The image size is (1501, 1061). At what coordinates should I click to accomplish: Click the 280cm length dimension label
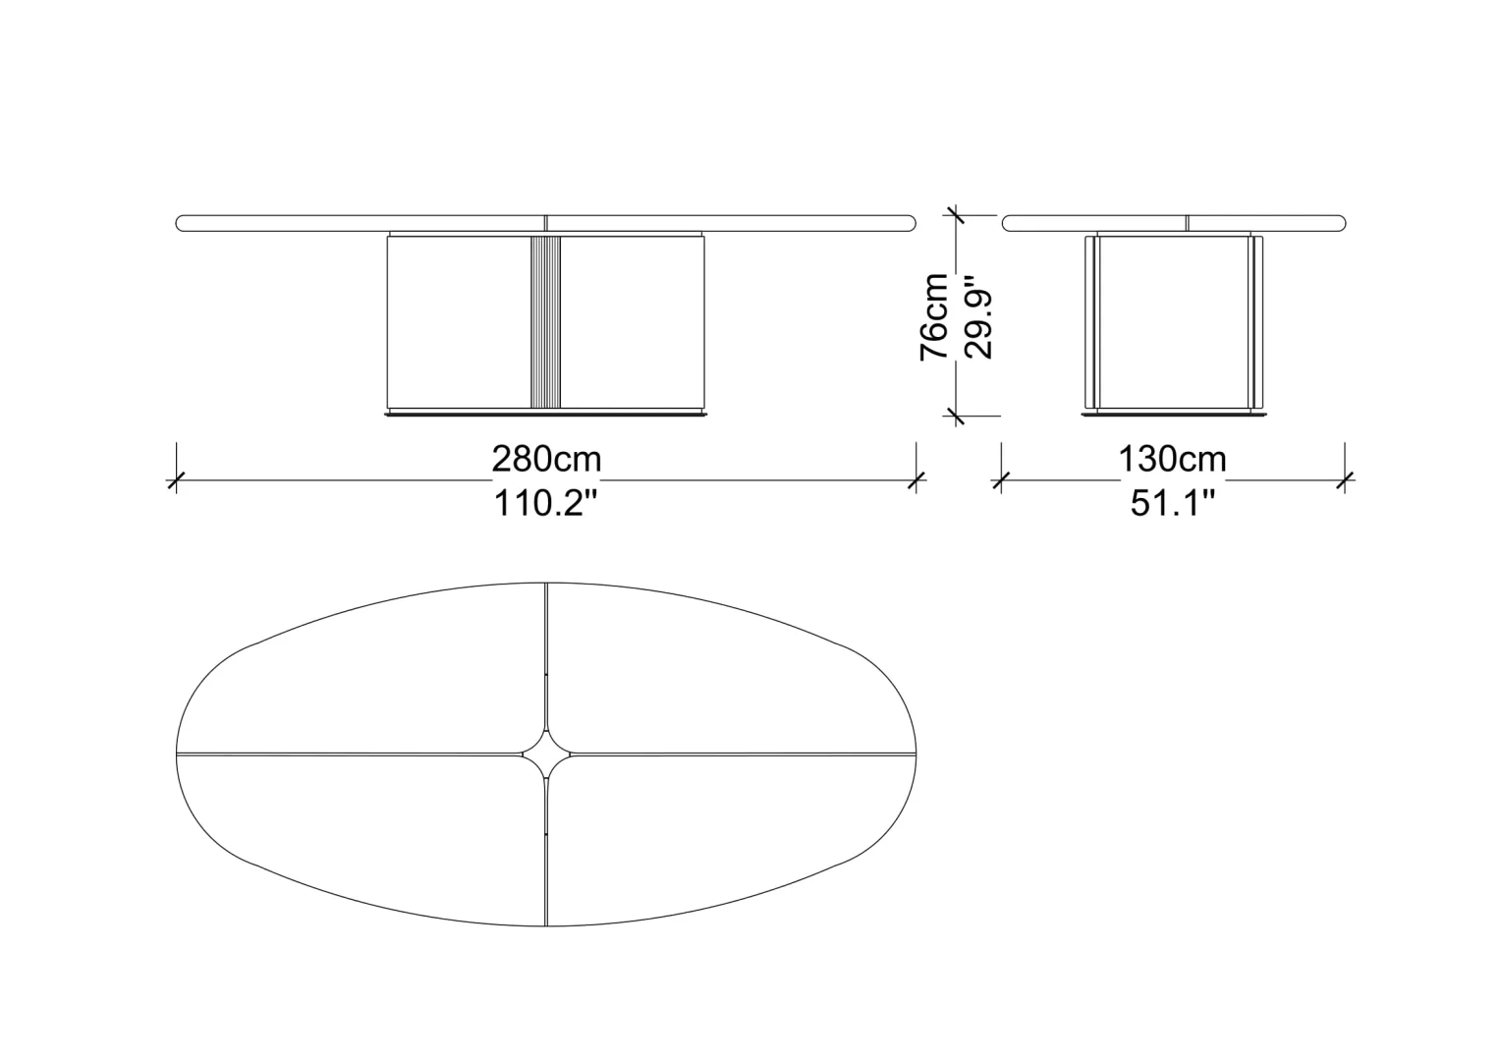[546, 460]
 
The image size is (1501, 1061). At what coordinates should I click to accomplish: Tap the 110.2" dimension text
[545, 503]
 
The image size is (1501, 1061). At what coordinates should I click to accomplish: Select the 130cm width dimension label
[1172, 460]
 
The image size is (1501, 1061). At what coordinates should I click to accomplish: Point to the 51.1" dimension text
[1172, 503]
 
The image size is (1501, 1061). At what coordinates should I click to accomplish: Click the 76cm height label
[934, 317]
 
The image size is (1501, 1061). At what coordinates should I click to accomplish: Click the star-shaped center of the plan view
[546, 754]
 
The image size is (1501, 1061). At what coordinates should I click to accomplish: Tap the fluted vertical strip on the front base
[545, 321]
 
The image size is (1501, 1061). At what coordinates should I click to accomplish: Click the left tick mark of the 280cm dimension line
[176, 479]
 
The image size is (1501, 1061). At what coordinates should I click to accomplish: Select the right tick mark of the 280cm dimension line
[916, 479]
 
